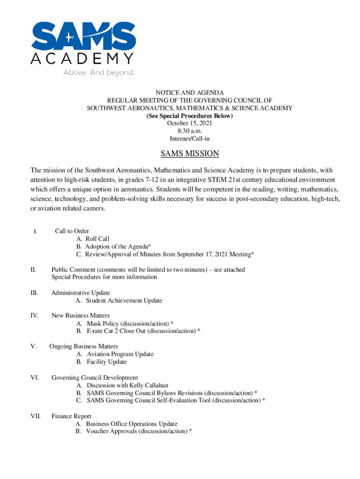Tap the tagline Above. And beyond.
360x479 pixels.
(99, 73)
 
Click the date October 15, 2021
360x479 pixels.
(189, 123)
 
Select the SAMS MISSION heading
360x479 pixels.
(189, 153)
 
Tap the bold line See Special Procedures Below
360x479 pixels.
(189, 116)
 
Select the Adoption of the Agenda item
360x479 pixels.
(114, 247)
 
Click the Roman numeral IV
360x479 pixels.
(34, 316)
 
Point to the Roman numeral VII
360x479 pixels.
(36, 416)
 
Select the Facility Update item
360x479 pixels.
(101, 362)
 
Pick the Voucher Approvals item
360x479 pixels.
(134, 431)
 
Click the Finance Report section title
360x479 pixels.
(71, 416)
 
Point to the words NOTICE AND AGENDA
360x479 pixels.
(189, 93)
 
